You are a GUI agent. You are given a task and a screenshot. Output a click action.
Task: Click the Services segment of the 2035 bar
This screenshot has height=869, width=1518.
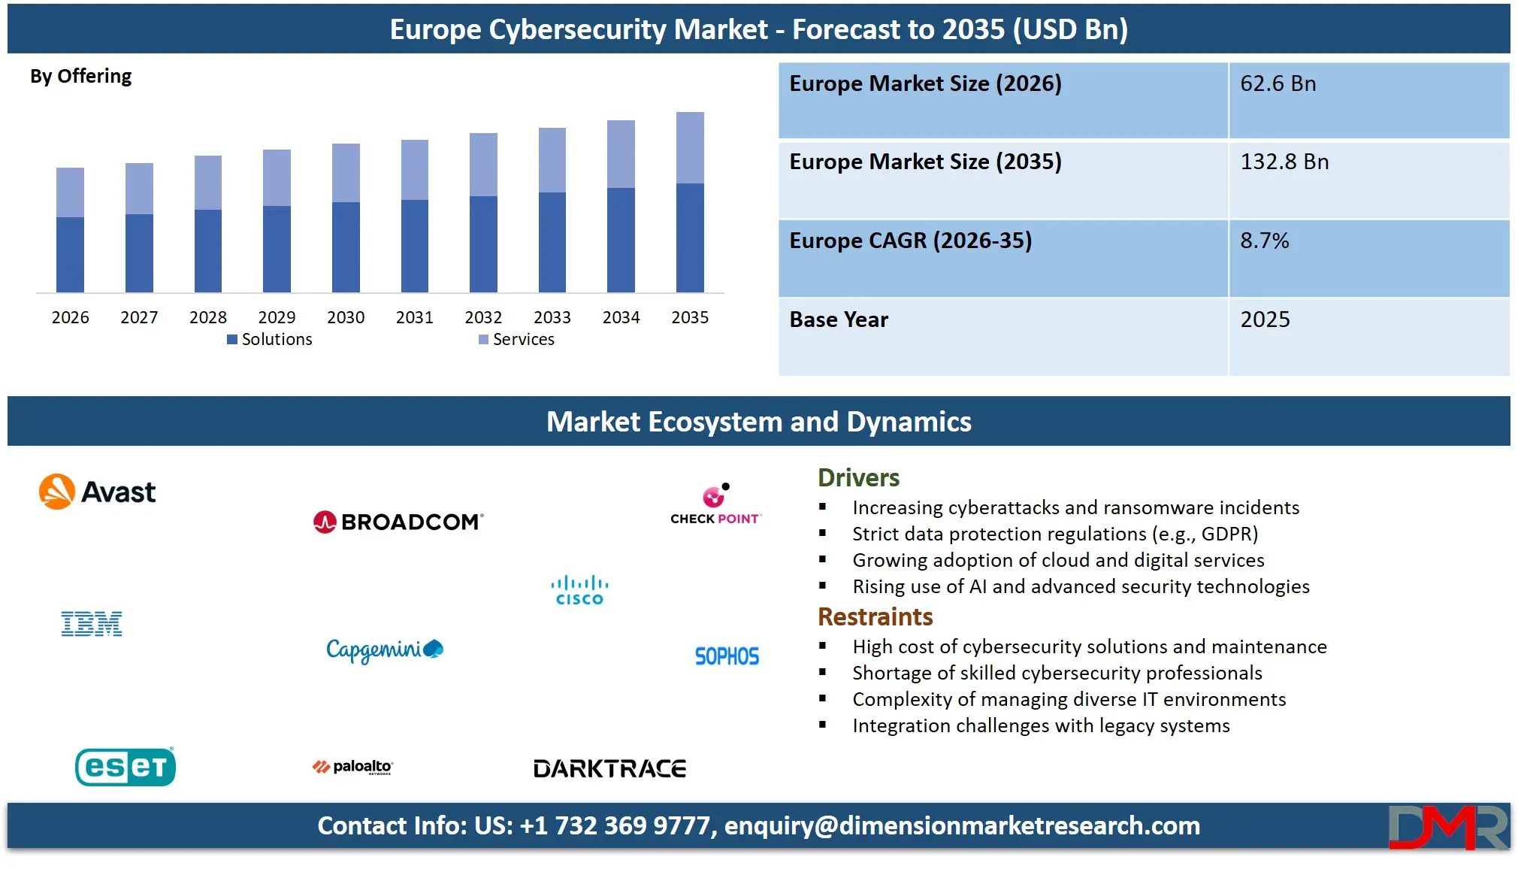[690, 147]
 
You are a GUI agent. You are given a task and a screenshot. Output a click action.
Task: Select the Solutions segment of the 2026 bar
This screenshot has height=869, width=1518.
[70, 254]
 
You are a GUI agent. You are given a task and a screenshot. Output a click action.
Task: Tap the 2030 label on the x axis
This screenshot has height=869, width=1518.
[346, 317]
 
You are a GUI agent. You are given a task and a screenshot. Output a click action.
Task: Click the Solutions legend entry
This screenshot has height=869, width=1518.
[270, 340]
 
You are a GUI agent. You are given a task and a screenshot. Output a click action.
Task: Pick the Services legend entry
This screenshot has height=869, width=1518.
[517, 340]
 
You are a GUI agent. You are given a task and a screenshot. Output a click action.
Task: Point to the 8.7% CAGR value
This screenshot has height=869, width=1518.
[1264, 241]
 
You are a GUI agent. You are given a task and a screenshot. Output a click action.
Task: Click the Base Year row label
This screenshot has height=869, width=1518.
[839, 319]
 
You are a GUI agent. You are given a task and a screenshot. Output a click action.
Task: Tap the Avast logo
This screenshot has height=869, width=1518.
[98, 492]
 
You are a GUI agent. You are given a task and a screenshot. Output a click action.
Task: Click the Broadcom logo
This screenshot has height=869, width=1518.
[398, 522]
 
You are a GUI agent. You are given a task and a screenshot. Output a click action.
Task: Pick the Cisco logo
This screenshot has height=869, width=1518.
[579, 590]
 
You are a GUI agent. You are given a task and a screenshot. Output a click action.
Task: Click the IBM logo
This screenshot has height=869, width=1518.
[92, 624]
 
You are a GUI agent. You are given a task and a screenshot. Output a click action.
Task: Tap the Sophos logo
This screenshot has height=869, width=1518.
[727, 656]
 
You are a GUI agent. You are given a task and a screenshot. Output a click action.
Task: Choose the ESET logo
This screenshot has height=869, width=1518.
[125, 767]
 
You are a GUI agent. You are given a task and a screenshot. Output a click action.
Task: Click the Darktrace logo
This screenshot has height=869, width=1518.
[609, 768]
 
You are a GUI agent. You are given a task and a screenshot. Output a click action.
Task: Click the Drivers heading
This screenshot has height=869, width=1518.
[858, 478]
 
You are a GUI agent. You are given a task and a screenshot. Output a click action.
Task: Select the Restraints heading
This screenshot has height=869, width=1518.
[875, 617]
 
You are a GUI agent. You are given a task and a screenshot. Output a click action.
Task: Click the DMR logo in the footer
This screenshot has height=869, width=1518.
[1447, 827]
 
